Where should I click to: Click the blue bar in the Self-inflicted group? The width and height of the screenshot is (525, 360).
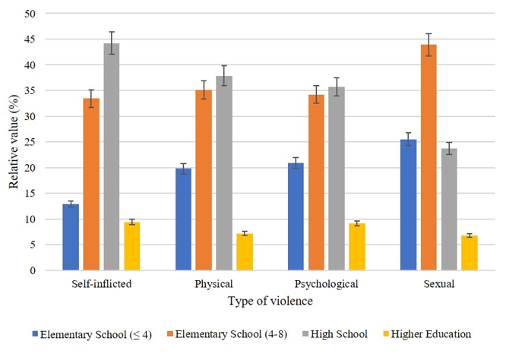71,237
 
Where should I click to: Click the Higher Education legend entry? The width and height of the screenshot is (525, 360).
429,334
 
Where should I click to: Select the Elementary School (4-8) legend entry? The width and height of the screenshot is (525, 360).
239,334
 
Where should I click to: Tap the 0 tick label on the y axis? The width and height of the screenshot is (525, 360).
32,270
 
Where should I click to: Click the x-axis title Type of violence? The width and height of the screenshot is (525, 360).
270,301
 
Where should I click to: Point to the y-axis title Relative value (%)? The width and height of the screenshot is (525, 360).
12,142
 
